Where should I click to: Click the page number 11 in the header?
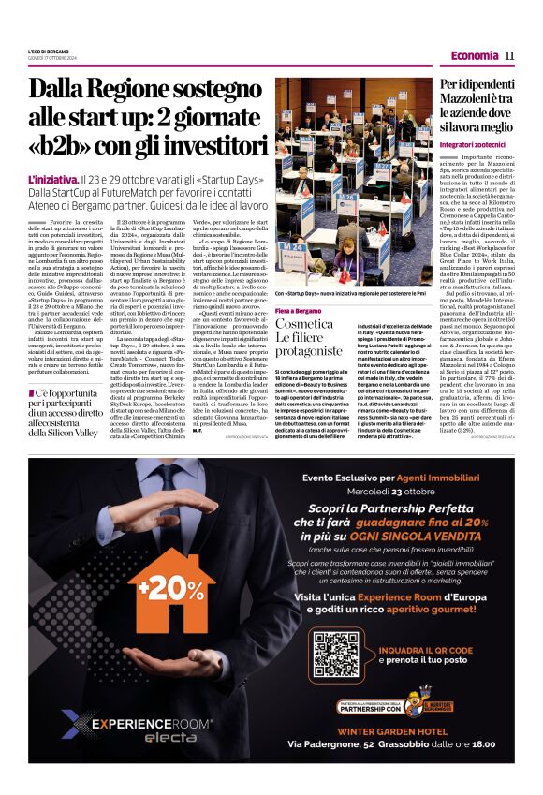[x=509, y=55]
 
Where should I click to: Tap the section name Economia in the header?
[x=473, y=55]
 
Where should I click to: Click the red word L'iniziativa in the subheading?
[x=51, y=178]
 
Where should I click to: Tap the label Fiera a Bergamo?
[x=298, y=309]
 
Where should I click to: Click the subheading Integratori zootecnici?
[x=474, y=146]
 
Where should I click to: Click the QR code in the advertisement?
[x=334, y=655]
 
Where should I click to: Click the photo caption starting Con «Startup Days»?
[x=351, y=293]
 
